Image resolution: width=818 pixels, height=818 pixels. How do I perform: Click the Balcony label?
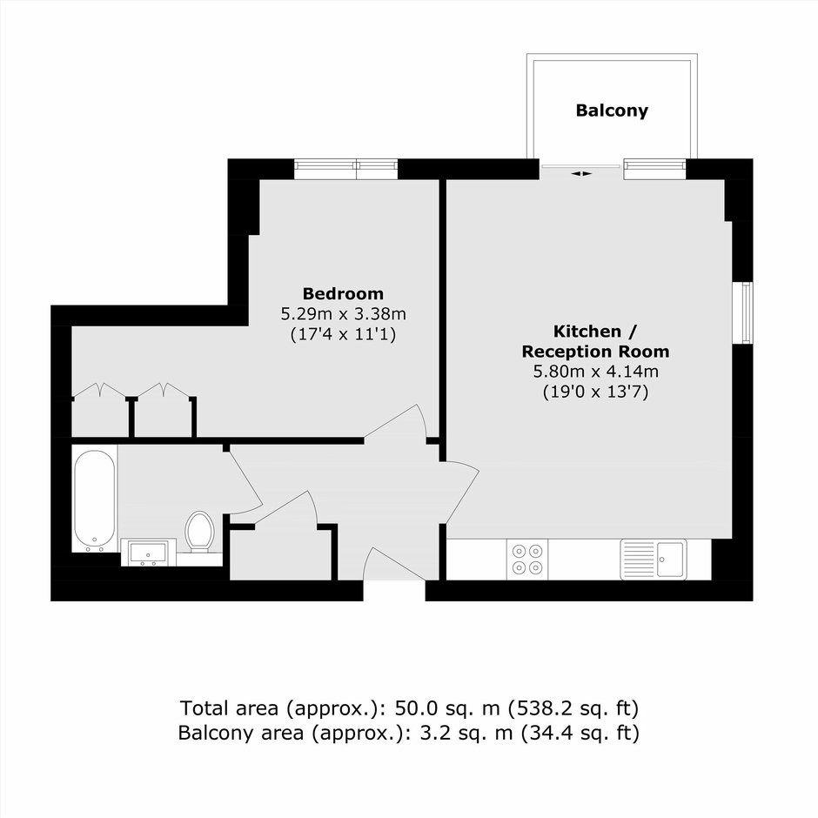click(612, 111)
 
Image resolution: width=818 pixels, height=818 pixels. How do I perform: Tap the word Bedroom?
click(343, 294)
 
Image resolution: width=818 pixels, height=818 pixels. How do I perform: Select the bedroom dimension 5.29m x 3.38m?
click(343, 314)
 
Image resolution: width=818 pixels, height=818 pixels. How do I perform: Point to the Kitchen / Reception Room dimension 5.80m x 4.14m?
click(595, 372)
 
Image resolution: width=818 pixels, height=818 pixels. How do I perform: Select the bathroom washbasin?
click(149, 553)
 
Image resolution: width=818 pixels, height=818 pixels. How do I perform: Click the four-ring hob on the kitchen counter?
click(527, 560)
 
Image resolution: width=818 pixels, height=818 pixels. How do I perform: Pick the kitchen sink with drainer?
click(654, 560)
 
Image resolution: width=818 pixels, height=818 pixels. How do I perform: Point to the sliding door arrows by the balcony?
click(581, 174)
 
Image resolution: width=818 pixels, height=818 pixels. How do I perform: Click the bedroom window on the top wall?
click(345, 169)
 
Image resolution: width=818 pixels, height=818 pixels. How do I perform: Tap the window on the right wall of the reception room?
click(742, 313)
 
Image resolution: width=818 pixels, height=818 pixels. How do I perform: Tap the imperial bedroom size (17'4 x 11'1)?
click(343, 334)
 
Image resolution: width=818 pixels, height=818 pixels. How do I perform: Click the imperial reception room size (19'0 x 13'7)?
click(595, 392)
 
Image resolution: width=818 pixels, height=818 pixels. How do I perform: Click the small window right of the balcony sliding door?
click(654, 169)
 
